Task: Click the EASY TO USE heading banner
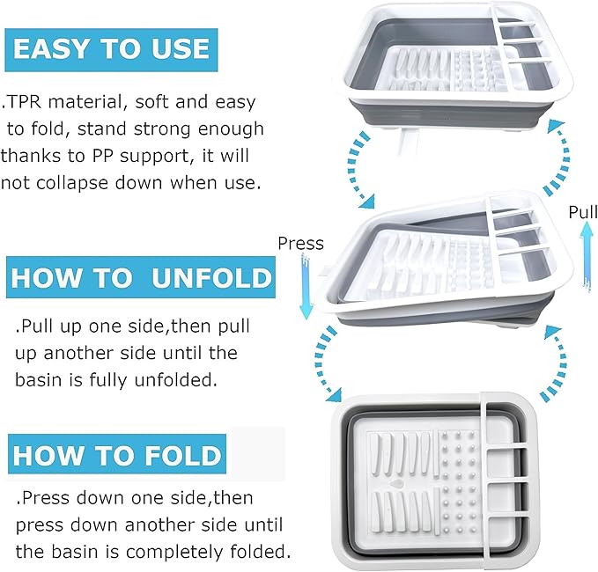111,49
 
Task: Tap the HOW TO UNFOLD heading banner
141,277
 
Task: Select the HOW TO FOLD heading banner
117,454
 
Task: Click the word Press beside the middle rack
300,243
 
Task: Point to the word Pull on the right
583,212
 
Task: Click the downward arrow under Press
306,288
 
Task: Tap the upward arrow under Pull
587,256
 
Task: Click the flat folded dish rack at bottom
434,481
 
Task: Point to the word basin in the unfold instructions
38,380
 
